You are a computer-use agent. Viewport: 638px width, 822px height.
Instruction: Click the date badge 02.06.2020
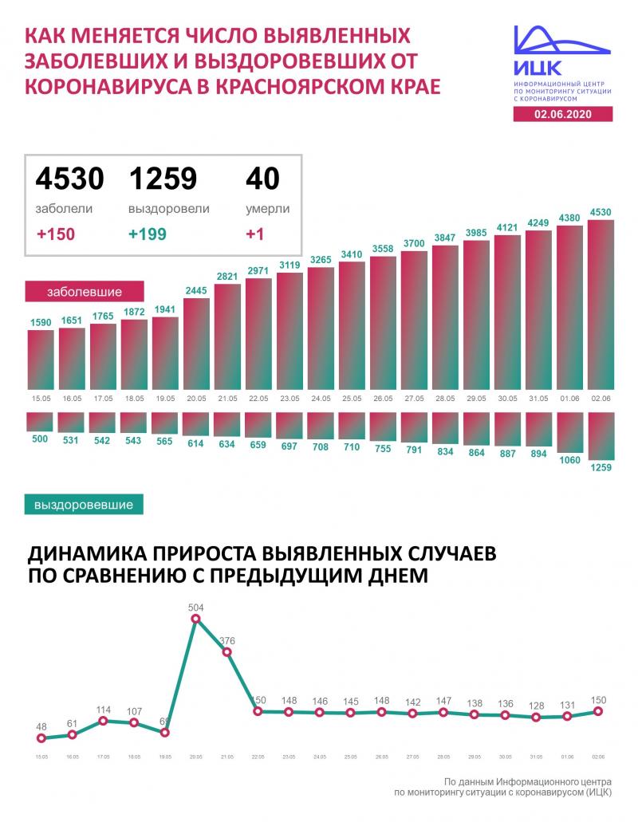(564, 115)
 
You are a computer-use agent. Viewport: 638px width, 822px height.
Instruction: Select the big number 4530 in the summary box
(69, 179)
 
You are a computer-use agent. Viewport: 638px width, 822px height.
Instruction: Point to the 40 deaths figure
(262, 179)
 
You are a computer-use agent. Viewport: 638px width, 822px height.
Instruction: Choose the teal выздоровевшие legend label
(85, 505)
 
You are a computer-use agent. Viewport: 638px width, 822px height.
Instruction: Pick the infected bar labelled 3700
(414, 319)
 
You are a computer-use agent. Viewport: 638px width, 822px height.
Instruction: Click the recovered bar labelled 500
(41, 422)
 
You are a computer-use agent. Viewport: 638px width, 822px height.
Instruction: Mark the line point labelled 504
(196, 619)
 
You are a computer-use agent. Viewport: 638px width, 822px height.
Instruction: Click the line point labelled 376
(227, 652)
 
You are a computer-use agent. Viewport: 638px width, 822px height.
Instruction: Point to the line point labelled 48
(41, 737)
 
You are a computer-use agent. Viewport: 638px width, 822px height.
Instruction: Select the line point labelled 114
(103, 721)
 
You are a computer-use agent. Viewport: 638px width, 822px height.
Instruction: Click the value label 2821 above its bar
(227, 277)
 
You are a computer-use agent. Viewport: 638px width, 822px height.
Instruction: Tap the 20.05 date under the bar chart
(196, 398)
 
